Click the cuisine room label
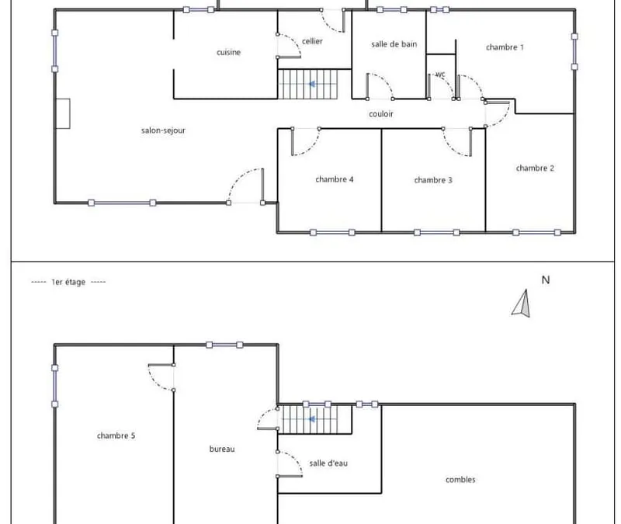[x=228, y=52]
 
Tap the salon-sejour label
[x=163, y=130]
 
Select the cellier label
[x=312, y=41]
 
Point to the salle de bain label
[x=394, y=44]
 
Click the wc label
[x=440, y=75]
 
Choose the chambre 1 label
[x=505, y=47]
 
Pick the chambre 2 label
[x=535, y=168]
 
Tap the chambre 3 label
[x=433, y=180]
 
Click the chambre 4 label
[x=335, y=179]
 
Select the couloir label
[x=381, y=114]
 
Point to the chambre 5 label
[x=116, y=436]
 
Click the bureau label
[x=222, y=449]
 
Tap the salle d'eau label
[x=328, y=463]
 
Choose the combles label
[x=460, y=480]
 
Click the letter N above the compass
[x=546, y=280]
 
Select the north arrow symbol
[x=521, y=304]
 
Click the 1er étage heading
[x=68, y=282]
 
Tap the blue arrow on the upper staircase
[x=312, y=84]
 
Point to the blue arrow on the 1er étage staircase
[x=312, y=419]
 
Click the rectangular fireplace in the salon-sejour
[x=63, y=113]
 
